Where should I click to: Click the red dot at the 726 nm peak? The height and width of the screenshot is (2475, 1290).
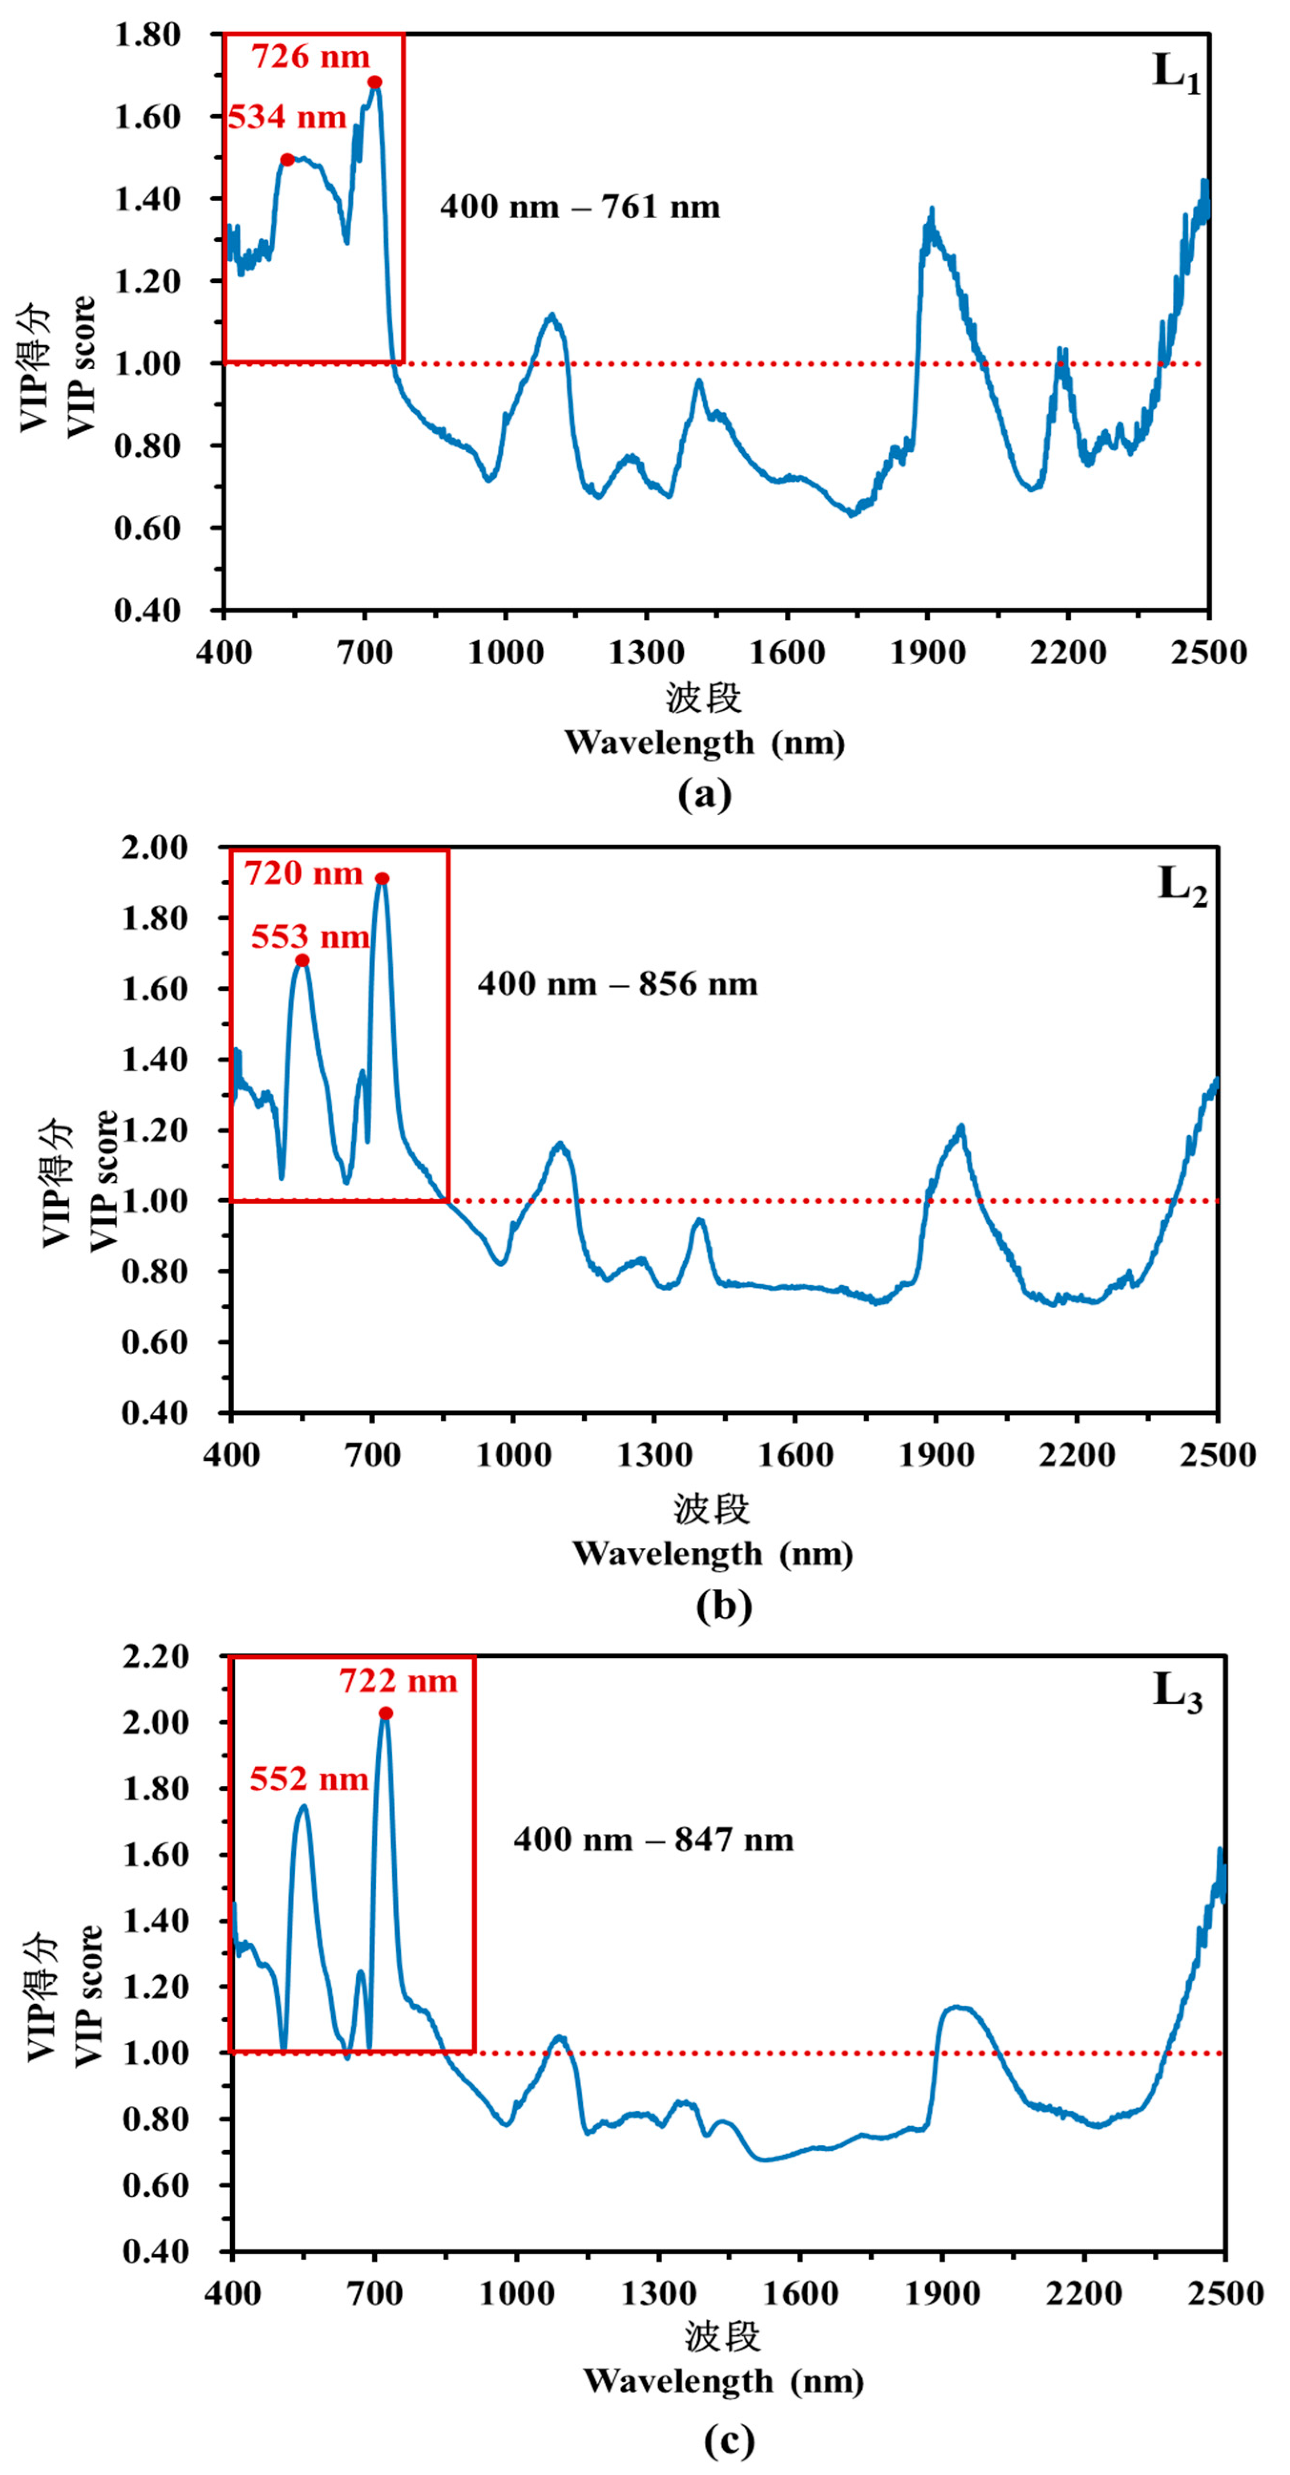(x=375, y=82)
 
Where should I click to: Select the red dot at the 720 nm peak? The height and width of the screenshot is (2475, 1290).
(x=383, y=879)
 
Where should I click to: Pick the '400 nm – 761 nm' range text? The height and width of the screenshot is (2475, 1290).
(x=579, y=208)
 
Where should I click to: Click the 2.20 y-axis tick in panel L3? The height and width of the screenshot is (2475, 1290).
(x=156, y=1657)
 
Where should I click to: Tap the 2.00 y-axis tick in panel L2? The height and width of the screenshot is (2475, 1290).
(x=154, y=848)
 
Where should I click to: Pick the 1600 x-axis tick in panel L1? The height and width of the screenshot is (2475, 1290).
(x=786, y=653)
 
